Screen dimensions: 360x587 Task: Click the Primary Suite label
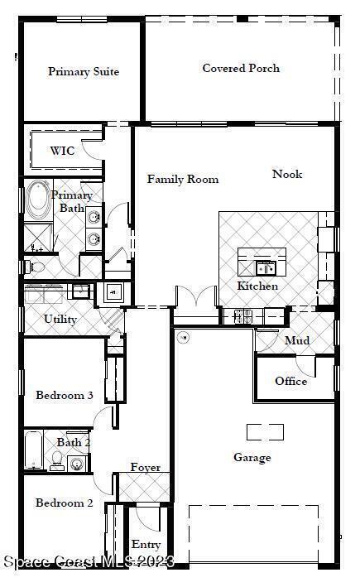coord(84,71)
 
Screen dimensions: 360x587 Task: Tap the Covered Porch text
coord(241,68)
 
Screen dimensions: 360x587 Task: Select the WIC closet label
coord(63,151)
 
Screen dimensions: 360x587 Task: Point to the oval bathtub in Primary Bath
coord(39,200)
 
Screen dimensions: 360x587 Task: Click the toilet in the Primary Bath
coord(35,267)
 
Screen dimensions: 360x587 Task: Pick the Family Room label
coord(183,179)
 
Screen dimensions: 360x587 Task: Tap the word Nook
coord(287,174)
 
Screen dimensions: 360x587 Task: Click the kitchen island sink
coord(266,268)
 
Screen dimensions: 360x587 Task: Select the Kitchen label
coord(257,286)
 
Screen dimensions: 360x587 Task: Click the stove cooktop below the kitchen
coord(243,316)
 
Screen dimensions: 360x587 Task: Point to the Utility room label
coord(60,319)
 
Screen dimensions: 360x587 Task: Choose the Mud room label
coord(297,340)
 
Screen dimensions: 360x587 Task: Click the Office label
coord(290,381)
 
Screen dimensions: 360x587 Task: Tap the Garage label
coord(252,458)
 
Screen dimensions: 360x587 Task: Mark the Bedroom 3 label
coord(65,395)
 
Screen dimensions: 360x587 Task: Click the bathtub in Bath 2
coord(34,450)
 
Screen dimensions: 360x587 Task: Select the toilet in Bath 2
coord(57,461)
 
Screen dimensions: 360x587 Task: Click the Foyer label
coord(145,467)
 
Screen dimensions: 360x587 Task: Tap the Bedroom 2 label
coord(64,503)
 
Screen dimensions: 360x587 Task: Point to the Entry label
coord(146,545)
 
